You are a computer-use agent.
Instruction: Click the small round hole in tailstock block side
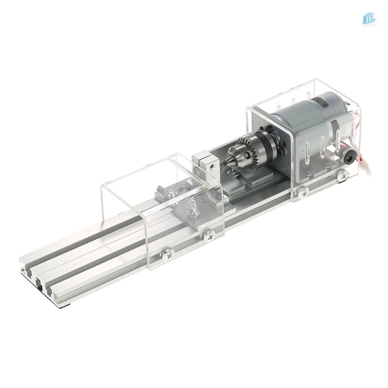[x=213, y=166]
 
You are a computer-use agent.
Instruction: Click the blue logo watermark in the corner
[x=368, y=18]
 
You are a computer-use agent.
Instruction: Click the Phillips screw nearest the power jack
[x=343, y=175]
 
